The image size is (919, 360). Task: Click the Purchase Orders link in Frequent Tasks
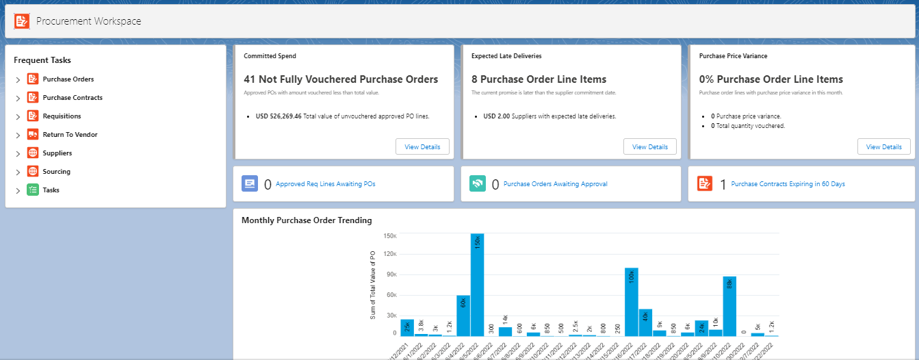[x=68, y=79]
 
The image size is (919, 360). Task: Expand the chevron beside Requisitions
[x=18, y=117]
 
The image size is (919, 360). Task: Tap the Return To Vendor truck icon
[x=32, y=135]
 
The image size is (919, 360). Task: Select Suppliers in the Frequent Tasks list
[x=57, y=153]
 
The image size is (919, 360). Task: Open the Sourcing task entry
[x=56, y=172]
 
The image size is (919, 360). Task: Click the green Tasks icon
[x=32, y=190]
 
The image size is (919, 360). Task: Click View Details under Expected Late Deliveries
[x=649, y=146]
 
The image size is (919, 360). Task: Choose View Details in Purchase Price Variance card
[x=883, y=146]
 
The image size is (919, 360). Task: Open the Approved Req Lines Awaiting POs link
[x=325, y=184]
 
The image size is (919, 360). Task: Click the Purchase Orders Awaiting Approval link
[x=555, y=184]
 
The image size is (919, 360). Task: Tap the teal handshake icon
[x=478, y=183]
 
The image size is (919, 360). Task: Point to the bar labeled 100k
[x=631, y=301]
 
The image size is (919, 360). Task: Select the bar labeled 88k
[x=729, y=306]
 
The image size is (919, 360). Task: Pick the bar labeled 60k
[x=463, y=315]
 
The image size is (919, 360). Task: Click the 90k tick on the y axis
[x=390, y=275]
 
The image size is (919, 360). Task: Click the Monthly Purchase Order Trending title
[x=307, y=220]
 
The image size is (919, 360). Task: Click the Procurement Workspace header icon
[x=22, y=21]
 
